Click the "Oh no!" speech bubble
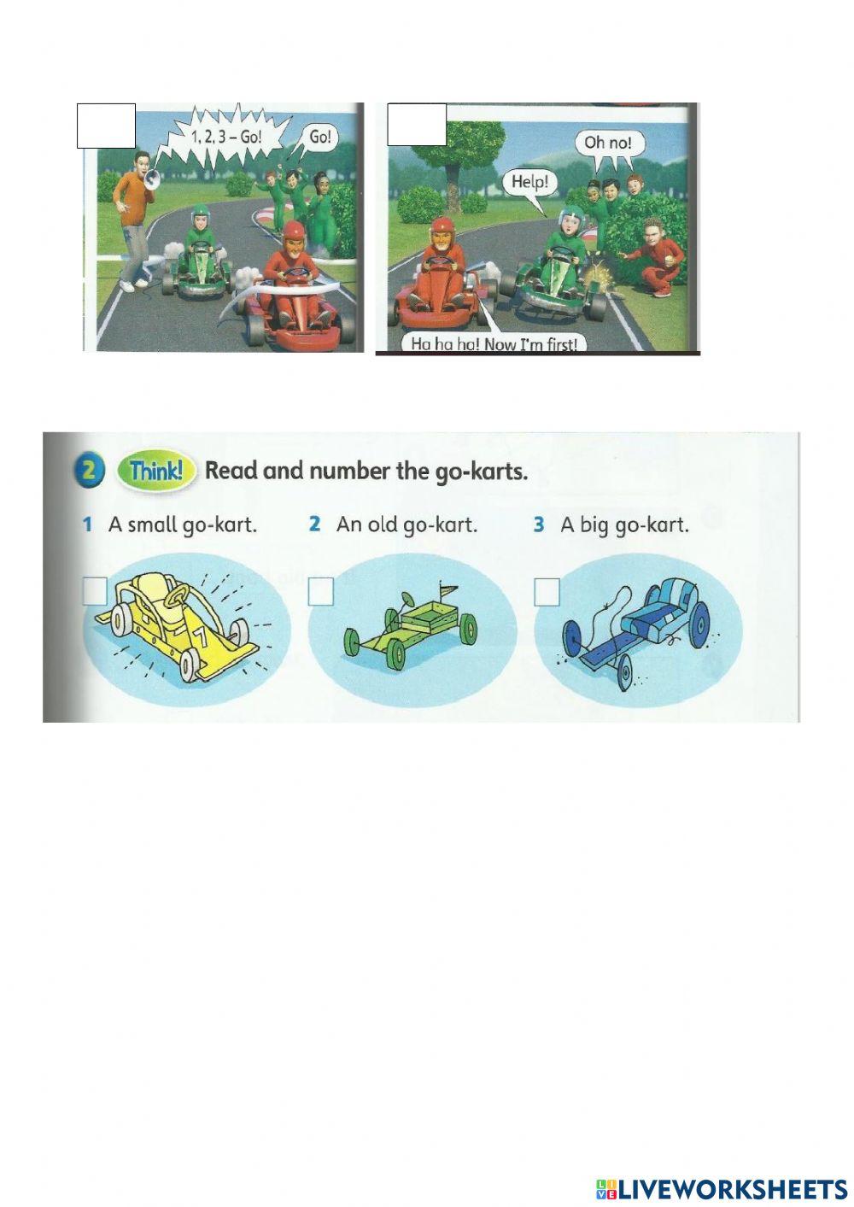tap(608, 142)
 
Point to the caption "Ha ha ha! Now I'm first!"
tap(494, 343)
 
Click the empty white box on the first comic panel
tap(106, 126)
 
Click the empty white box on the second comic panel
tap(416, 125)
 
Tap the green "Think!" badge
tap(157, 471)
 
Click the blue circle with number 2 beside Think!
tap(91, 472)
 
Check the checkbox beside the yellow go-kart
tap(95, 591)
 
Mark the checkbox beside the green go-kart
tap(321, 591)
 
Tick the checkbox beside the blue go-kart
tap(547, 591)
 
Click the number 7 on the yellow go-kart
tap(200, 636)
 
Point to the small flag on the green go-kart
tap(446, 589)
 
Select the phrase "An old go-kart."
tap(407, 524)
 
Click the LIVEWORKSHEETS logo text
tap(732, 1188)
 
